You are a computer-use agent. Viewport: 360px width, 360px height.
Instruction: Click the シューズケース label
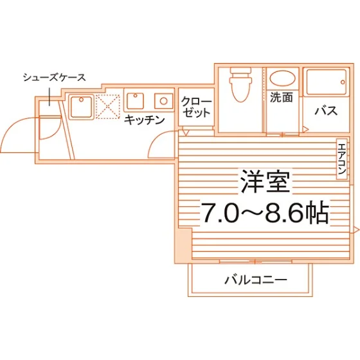coord(55,78)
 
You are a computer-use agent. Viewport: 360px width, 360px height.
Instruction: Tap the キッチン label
coord(145,120)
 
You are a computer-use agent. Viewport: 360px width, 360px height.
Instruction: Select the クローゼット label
coord(196,107)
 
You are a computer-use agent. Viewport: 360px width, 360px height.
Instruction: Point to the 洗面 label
coord(282,97)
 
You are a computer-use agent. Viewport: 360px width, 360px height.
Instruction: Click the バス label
coord(326,111)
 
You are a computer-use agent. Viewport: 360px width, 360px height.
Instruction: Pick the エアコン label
coord(342,158)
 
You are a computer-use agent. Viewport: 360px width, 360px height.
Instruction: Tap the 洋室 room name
coord(265,181)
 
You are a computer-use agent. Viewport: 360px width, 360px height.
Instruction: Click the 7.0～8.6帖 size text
coord(265,212)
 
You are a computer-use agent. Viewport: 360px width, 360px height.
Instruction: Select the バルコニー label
coord(256,280)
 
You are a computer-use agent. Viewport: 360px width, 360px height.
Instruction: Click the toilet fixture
coord(240,84)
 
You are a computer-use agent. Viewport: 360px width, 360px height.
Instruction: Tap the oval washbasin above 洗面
coord(282,78)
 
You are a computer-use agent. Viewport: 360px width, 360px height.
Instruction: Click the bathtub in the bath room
coord(327,82)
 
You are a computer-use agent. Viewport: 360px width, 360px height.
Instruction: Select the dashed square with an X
coord(108,107)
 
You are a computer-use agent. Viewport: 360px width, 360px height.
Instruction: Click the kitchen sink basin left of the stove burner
coord(136,101)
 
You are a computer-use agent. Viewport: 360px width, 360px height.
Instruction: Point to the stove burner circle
coord(163,101)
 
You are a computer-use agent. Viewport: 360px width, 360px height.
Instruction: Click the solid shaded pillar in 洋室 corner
coord(184,245)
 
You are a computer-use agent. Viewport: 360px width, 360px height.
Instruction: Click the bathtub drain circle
coord(343,82)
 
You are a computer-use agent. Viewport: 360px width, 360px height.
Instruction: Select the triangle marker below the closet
coord(186,132)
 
